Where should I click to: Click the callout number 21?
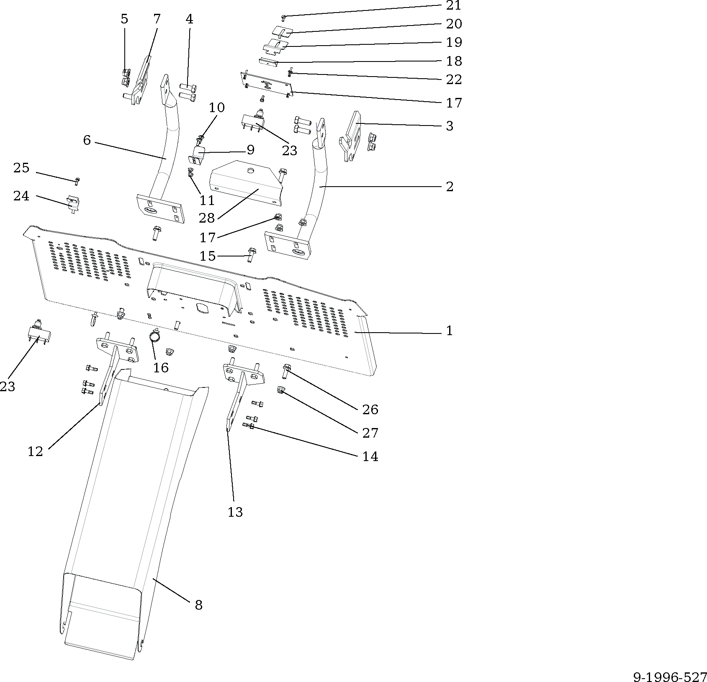pyautogui.click(x=453, y=6)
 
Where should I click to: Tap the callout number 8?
pyautogui.click(x=198, y=605)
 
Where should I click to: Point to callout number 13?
pyautogui.click(x=235, y=512)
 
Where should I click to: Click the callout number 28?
pyautogui.click(x=207, y=218)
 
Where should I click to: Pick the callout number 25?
pyautogui.click(x=21, y=168)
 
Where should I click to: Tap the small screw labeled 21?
pyautogui.click(x=283, y=17)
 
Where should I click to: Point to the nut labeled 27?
pyautogui.click(x=280, y=391)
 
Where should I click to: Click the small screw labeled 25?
pyautogui.click(x=77, y=181)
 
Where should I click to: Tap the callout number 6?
pyautogui.click(x=87, y=140)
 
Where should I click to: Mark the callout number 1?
pyautogui.click(x=449, y=331)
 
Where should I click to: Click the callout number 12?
pyautogui.click(x=36, y=451)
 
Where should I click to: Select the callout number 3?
pyautogui.click(x=449, y=126)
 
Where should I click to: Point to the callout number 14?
pyautogui.click(x=370, y=456)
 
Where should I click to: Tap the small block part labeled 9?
pyautogui.click(x=199, y=154)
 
